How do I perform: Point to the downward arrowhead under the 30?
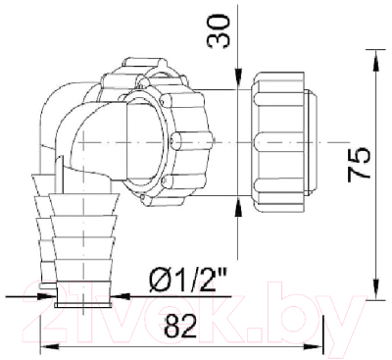tap(240, 78)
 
